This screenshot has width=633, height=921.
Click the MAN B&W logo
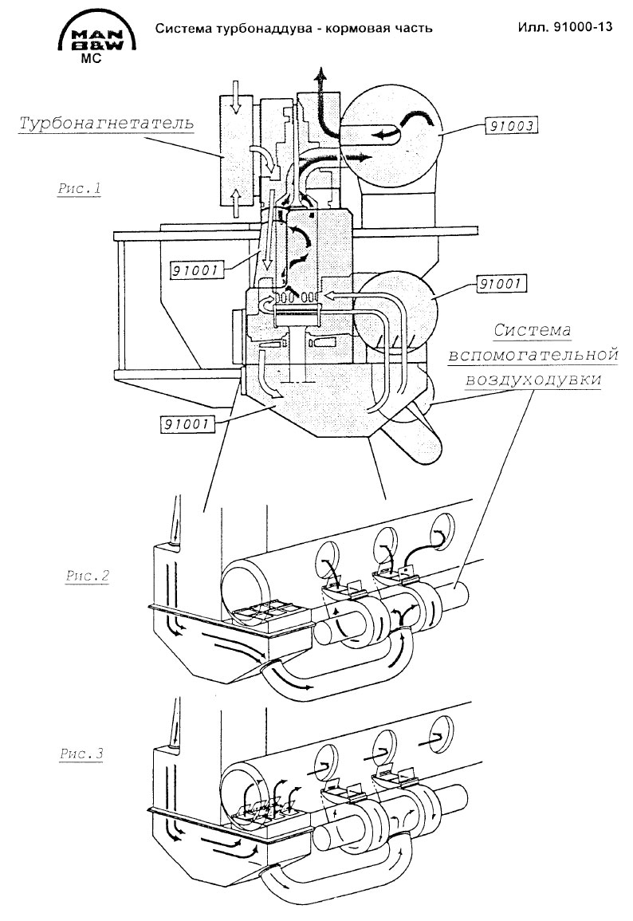[97, 34]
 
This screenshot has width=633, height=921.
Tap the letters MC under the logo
[90, 59]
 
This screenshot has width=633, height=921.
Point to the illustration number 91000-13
[580, 26]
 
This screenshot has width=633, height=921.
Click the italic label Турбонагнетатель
[106, 124]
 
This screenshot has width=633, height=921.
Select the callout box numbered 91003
[512, 126]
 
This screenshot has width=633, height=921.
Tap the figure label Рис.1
[79, 188]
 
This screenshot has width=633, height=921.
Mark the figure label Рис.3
[81, 754]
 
